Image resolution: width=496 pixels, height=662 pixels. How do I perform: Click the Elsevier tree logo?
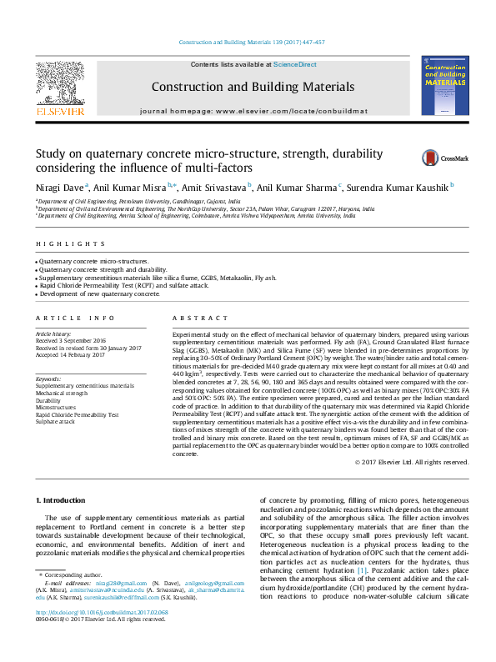tap(59, 83)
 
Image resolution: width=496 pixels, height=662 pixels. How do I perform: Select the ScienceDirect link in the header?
tap(296, 64)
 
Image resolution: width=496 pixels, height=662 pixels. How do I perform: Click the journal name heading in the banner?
tap(247, 87)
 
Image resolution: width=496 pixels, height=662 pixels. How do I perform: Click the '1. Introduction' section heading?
tap(63, 499)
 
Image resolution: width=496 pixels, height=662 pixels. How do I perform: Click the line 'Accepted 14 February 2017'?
tap(75, 354)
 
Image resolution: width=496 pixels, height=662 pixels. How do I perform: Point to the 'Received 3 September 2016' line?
tap(76, 340)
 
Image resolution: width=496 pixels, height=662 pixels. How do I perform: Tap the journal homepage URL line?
tap(247, 110)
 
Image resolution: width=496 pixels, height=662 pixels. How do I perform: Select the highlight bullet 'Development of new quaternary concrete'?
tap(99, 293)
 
